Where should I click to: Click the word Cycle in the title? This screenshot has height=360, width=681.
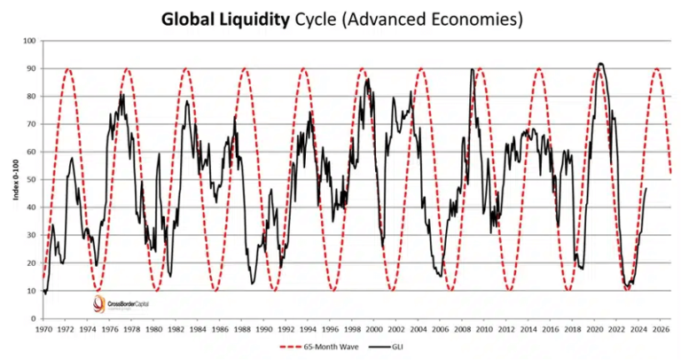tap(317, 18)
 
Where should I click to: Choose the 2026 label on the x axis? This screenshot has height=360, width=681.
tap(660, 328)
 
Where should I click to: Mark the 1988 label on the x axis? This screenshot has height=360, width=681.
tap(243, 328)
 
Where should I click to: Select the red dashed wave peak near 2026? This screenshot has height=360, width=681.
tap(656, 68)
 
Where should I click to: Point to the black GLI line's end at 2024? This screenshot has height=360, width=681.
tap(646, 188)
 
